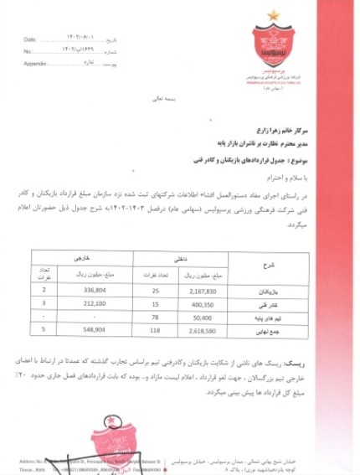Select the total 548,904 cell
[88, 332]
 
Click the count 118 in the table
[157, 332]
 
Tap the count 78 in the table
[157, 318]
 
